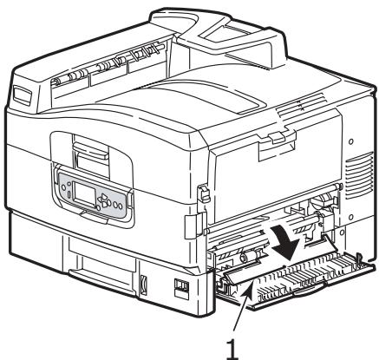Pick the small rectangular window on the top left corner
tap(23, 89)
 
